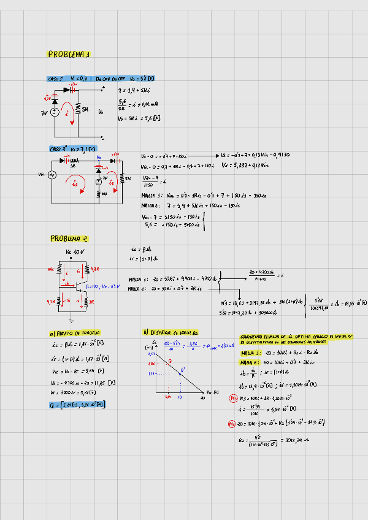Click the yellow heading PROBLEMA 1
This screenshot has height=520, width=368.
69,55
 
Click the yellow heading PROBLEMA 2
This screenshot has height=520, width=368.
69,239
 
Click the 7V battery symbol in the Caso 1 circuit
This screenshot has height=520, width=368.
54,112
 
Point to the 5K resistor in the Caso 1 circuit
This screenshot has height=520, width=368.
78,109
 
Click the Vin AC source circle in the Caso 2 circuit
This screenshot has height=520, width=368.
52,175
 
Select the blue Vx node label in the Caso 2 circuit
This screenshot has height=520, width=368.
99,158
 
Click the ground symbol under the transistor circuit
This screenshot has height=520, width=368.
72,319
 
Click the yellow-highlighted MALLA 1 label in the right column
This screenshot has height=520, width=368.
251,353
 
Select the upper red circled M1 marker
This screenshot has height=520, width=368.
231,400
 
